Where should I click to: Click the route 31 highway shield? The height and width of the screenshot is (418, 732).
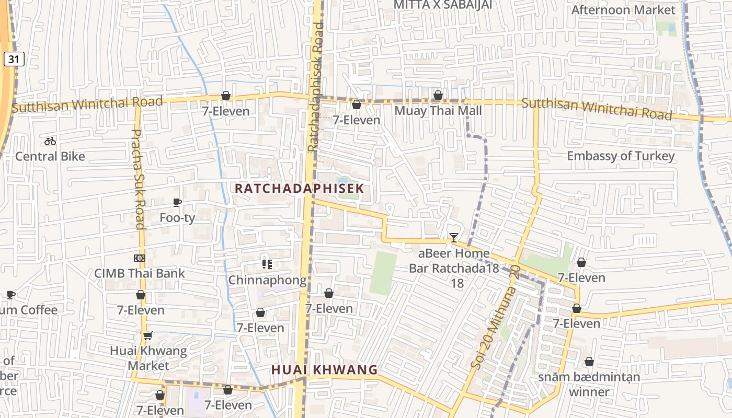point(14,60)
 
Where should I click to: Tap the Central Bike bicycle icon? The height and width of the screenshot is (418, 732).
point(50,141)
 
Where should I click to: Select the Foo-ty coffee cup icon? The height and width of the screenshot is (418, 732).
point(177,202)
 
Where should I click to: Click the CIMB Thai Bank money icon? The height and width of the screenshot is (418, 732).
point(140,258)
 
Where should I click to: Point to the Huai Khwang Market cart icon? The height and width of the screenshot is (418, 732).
point(147,335)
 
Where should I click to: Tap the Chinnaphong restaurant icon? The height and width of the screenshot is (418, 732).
point(267,264)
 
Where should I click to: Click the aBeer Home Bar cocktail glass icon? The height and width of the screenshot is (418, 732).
point(454,238)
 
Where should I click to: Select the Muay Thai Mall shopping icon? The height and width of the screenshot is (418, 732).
point(438,95)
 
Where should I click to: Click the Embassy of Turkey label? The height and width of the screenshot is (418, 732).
point(621,156)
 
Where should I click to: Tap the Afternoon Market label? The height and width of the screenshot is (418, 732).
point(623,10)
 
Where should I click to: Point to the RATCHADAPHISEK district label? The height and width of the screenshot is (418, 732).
point(299,188)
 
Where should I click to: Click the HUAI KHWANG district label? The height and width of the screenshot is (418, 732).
point(324,370)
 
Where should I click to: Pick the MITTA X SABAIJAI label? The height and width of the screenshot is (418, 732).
point(443,5)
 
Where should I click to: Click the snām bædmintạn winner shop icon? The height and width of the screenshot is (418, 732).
point(589,362)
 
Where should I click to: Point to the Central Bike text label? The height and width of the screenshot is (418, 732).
point(50,156)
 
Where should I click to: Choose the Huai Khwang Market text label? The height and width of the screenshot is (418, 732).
point(148,358)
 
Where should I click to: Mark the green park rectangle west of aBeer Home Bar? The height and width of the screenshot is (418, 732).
point(383,273)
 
